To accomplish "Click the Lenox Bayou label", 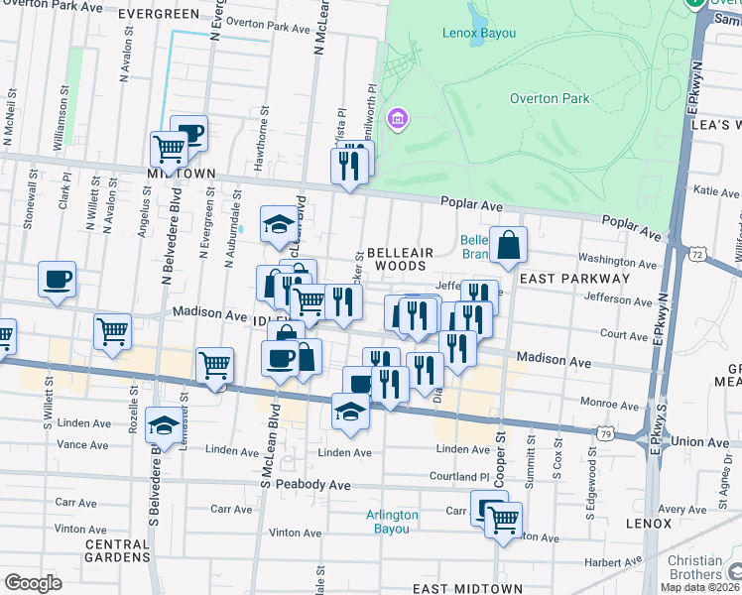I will click(478, 33).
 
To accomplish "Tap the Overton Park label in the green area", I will click(549, 98).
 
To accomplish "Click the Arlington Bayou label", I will click(393, 522).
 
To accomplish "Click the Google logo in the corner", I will click(33, 583).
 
